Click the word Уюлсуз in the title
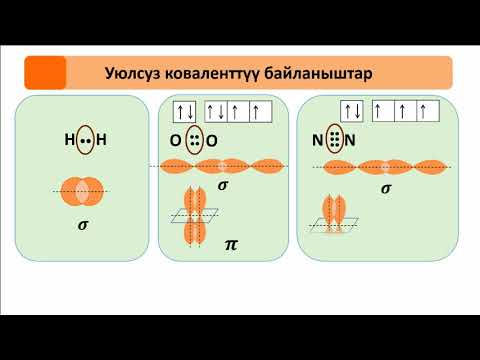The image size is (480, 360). point(134,73)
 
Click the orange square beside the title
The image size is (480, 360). point(44,73)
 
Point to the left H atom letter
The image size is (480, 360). point(69,141)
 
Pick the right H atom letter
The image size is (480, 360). point(101,141)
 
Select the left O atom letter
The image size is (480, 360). point(175,141)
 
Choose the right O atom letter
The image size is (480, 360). point(212,141)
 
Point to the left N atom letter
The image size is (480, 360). point(318,141)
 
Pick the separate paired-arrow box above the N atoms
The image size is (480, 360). point(351,111)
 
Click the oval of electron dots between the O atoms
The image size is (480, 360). point(193,141)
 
